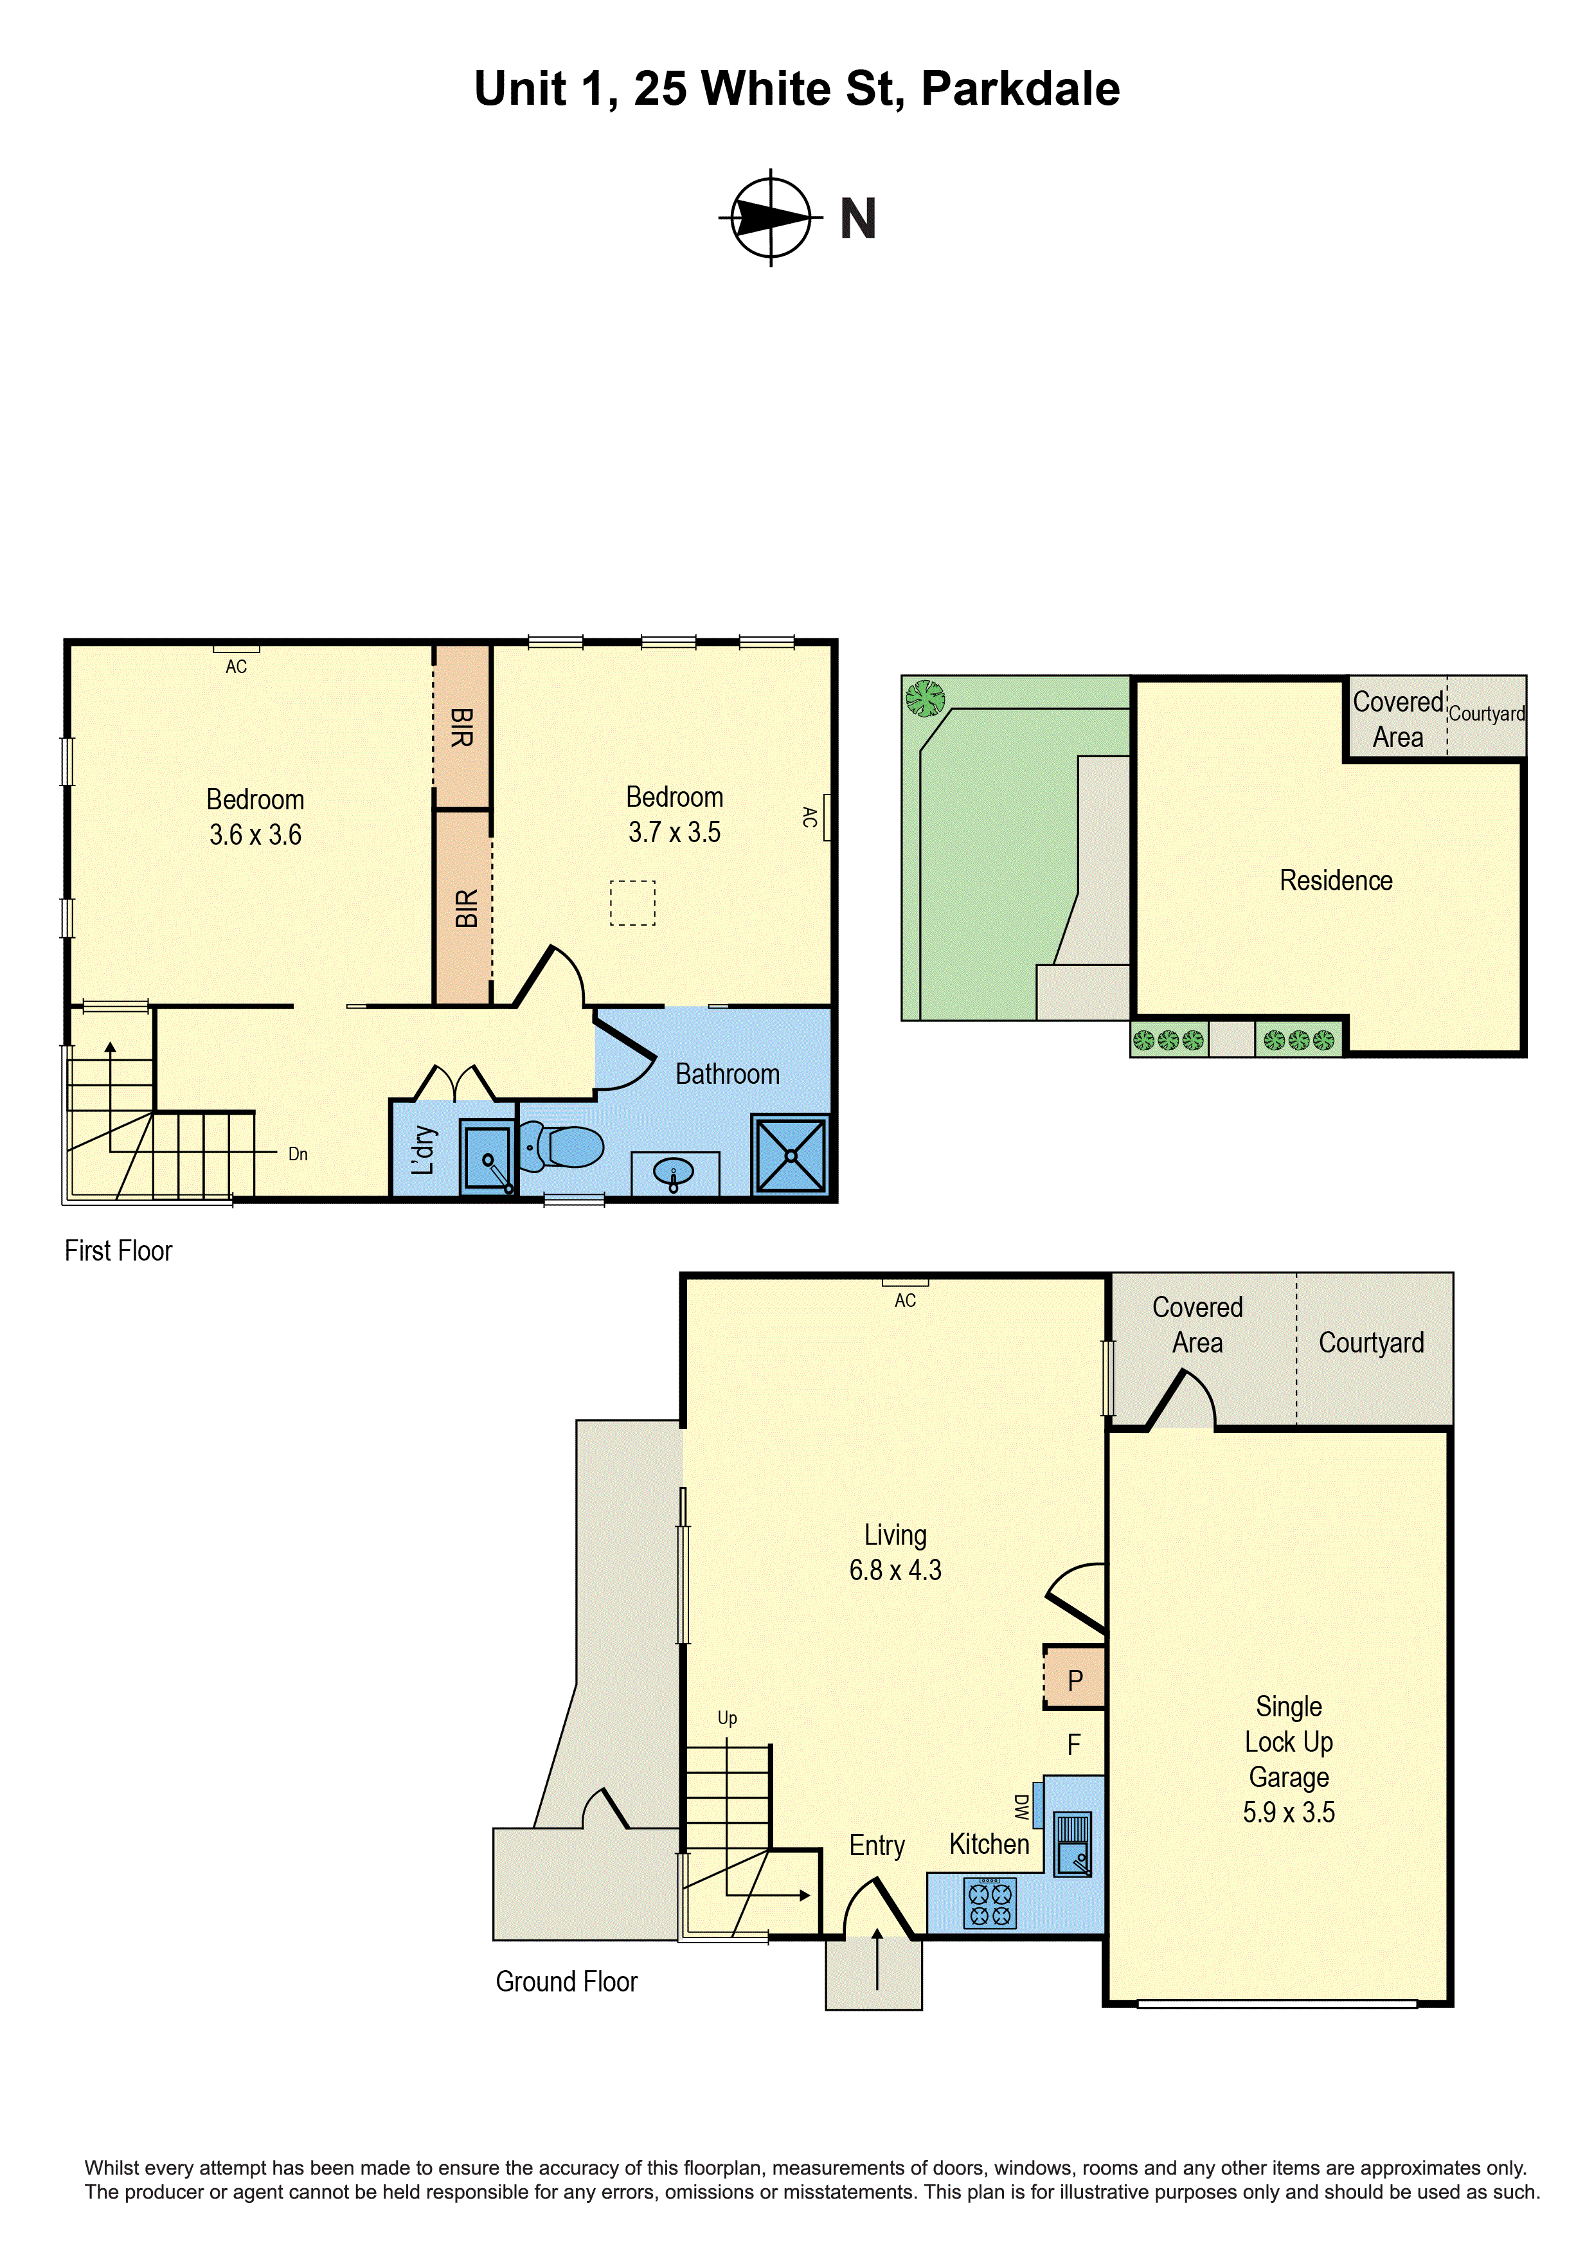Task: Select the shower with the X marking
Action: coord(791,1155)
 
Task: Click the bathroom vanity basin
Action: coord(674,1172)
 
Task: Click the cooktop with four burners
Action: coord(990,1902)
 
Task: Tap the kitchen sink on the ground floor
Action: coord(1073,1844)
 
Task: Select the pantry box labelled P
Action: coord(1075,1680)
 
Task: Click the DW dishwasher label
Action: coord(1021,1805)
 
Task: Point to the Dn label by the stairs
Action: coord(298,1154)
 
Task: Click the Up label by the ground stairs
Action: coord(727,1718)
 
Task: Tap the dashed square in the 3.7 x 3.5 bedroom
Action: coord(632,903)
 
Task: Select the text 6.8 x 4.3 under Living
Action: coord(895,1570)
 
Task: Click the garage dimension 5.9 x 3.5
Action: coord(1289,1812)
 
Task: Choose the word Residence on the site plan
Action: coord(1336,881)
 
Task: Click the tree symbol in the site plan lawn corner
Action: coord(924,698)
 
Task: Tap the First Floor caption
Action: coord(118,1252)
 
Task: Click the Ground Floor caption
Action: coord(567,1981)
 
